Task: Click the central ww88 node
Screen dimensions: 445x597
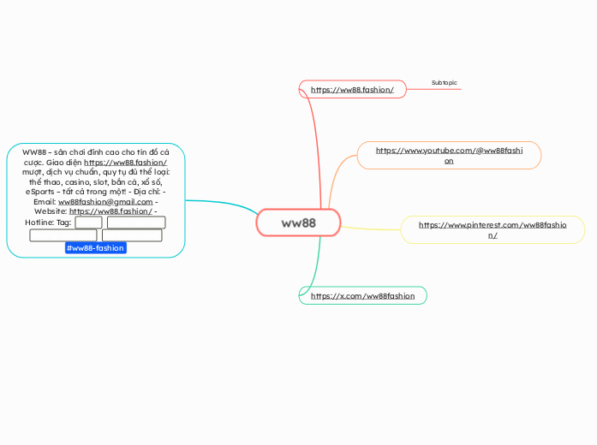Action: point(298,223)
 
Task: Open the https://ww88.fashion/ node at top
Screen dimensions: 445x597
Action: point(352,90)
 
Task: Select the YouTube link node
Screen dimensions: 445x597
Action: point(449,155)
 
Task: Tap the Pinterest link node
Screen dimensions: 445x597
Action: point(493,229)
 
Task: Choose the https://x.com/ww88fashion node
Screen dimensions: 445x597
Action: point(362,296)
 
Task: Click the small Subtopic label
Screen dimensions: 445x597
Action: point(444,83)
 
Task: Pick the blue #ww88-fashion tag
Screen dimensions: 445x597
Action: point(96,248)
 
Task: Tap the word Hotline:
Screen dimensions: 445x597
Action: point(39,222)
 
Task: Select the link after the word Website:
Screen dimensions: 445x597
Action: point(110,212)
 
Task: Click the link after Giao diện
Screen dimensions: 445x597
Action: point(126,162)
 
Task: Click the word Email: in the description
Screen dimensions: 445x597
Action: point(45,202)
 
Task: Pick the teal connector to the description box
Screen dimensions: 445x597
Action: point(223,203)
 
